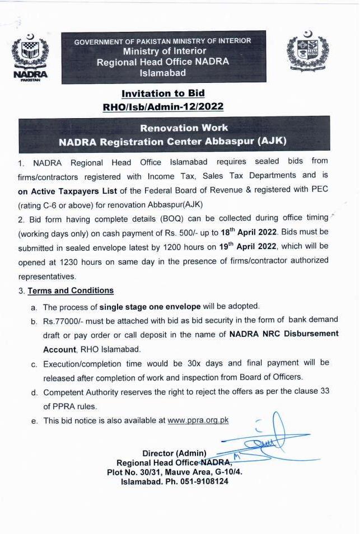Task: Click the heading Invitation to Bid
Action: (x=163, y=93)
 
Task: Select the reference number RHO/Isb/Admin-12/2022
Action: (x=163, y=105)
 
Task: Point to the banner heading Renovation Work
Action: (x=176, y=128)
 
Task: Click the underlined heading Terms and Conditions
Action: (x=71, y=291)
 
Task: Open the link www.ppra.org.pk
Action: (x=198, y=420)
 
